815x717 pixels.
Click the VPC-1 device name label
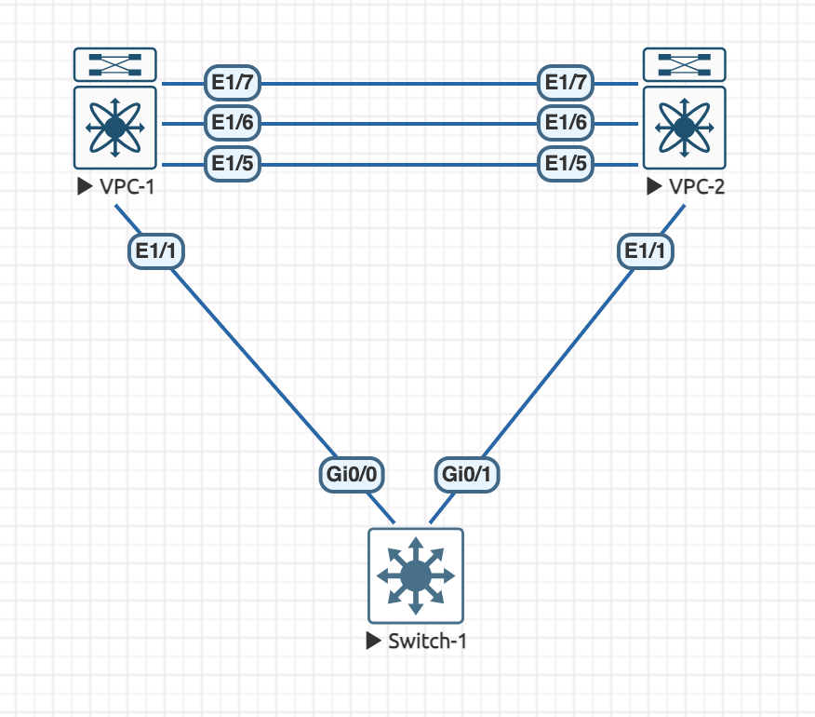point(126,186)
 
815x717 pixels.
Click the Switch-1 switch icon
point(415,575)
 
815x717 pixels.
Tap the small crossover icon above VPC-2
point(685,64)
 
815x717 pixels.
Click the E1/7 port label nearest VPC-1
point(233,83)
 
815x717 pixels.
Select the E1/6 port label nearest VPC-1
point(233,123)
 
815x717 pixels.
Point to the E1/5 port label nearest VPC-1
point(233,165)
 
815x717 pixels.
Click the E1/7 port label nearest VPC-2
point(566,83)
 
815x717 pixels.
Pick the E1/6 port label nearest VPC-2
point(566,123)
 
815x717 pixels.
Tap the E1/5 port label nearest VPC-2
point(566,165)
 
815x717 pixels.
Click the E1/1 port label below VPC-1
point(155,250)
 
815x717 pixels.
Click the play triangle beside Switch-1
point(374,641)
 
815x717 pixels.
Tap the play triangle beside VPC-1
point(85,186)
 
